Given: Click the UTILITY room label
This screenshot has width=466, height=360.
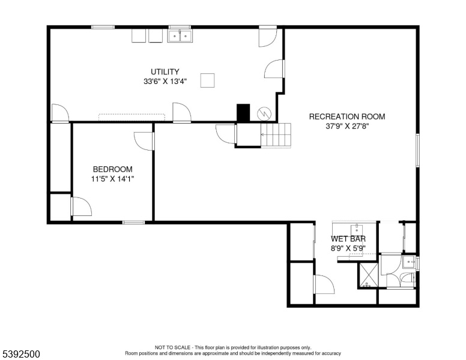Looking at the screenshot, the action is [165, 72].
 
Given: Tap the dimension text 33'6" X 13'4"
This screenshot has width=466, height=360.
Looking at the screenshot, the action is [165, 82].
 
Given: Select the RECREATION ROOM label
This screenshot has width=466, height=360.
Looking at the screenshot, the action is [347, 116].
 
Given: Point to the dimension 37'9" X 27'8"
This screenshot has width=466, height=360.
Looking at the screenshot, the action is [347, 126].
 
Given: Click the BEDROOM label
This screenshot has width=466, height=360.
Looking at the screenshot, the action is [113, 169].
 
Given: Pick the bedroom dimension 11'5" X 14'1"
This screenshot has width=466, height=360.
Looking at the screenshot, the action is [113, 179].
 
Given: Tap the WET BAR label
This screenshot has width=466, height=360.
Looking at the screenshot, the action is [348, 239].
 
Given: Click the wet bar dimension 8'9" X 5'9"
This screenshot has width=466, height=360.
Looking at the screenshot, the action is [348, 248].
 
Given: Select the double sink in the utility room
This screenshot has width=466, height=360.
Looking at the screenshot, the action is [180, 36].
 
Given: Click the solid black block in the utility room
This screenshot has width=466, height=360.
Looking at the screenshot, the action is [243, 113].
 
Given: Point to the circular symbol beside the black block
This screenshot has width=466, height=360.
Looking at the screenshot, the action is [264, 113].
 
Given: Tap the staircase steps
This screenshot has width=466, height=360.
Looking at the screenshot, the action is [276, 135].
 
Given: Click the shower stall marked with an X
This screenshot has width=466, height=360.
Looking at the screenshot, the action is [369, 275].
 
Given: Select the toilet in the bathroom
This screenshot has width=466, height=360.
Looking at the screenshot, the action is [408, 278].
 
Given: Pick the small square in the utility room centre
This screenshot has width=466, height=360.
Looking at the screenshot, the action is [207, 80].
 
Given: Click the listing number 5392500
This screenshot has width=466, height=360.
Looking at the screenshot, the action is [21, 354].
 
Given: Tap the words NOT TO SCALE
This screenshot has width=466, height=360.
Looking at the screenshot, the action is [172, 347].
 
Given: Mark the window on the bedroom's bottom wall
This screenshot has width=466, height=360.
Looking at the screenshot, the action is [134, 222].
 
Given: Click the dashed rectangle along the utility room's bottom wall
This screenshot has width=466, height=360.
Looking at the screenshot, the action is [132, 118].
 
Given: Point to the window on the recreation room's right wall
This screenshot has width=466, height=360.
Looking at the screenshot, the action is [417, 150].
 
